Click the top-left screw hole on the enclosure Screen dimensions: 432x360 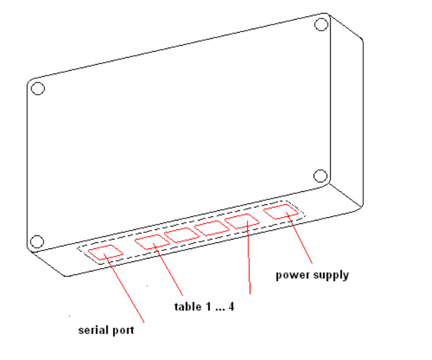coord(38,88)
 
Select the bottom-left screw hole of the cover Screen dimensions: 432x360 coord(37,241)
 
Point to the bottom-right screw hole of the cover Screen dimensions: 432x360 coord(320,176)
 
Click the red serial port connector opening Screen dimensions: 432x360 coord(105,252)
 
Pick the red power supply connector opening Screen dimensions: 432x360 coord(280,212)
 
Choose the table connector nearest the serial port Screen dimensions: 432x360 coord(150,242)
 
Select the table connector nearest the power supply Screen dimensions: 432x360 coord(243,221)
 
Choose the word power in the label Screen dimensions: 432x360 coord(290,276)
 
